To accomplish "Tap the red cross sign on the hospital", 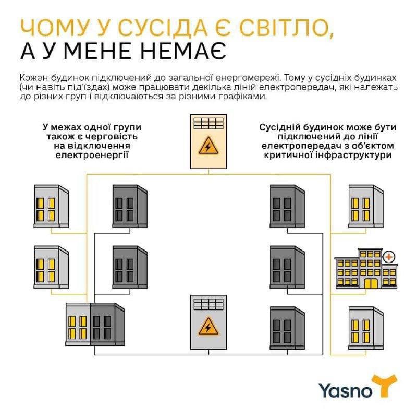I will point(388,257).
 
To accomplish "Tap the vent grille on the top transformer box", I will point(208,124).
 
